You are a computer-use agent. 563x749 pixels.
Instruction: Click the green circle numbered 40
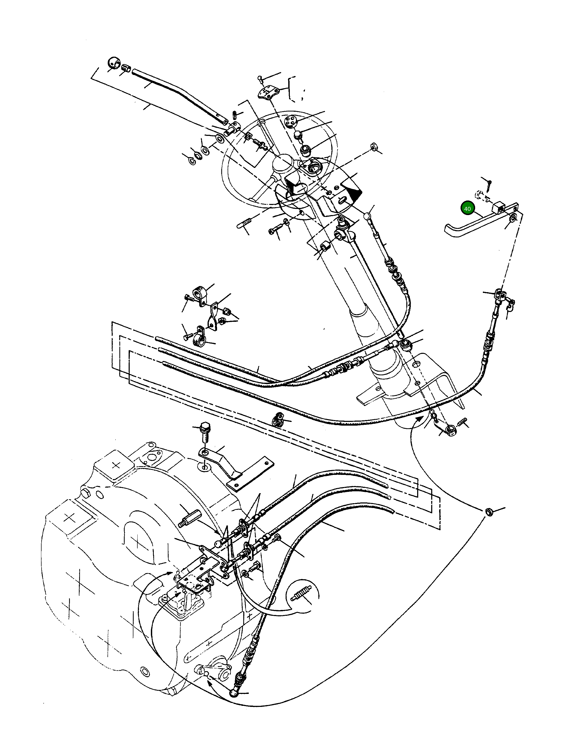point(467,209)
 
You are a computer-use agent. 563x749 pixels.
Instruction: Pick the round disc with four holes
point(291,121)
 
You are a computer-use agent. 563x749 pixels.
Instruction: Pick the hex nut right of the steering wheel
point(374,147)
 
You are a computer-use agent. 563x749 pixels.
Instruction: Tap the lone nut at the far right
point(489,512)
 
